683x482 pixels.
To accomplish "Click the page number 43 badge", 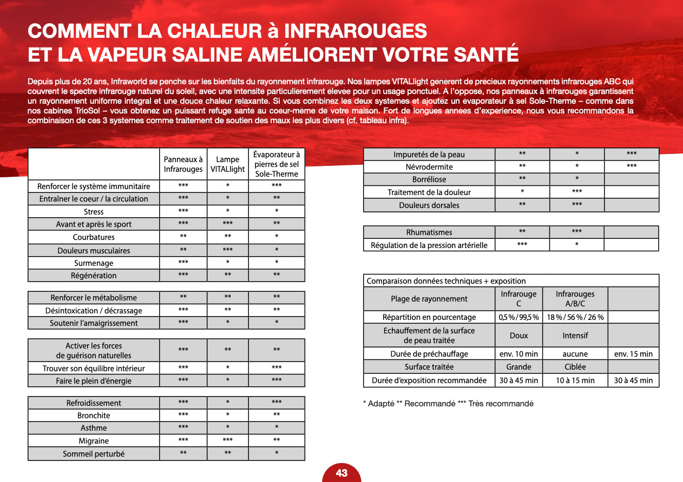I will [x=342, y=473].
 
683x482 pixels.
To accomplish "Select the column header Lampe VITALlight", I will [x=227, y=164].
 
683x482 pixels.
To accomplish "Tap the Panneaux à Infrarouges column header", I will [x=183, y=164].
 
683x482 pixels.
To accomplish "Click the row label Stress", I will [x=94, y=211].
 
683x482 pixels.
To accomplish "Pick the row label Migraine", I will [x=94, y=441].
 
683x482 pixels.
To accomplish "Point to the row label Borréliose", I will [x=429, y=179].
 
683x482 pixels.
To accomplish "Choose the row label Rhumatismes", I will [x=429, y=232].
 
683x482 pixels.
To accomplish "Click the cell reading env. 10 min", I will [x=518, y=354].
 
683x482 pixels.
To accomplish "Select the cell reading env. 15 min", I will [x=633, y=354].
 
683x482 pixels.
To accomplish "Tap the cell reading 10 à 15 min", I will [x=575, y=380].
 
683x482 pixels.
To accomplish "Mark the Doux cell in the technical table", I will [x=518, y=336].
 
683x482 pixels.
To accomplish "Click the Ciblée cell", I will [x=575, y=367].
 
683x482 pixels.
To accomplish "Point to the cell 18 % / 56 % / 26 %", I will [x=575, y=317].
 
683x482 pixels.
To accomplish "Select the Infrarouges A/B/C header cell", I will [x=575, y=299].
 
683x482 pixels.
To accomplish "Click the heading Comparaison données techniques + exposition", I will [x=446, y=281].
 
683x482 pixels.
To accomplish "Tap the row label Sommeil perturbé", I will [x=94, y=454].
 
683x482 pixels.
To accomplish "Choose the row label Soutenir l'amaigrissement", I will [x=94, y=323].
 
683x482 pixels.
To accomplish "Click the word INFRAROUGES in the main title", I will [x=355, y=31].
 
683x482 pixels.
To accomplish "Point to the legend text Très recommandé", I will [x=501, y=404].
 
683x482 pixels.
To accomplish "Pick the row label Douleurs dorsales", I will [x=429, y=205].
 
